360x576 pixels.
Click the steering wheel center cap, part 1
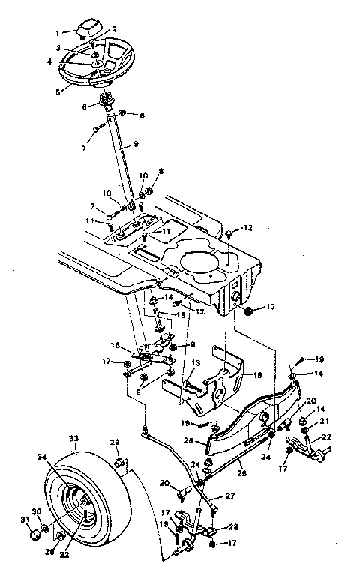[x=85, y=28]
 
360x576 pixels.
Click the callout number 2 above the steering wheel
[x=115, y=28]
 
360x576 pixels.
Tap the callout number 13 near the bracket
[x=196, y=362]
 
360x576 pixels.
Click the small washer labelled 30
[x=44, y=531]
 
